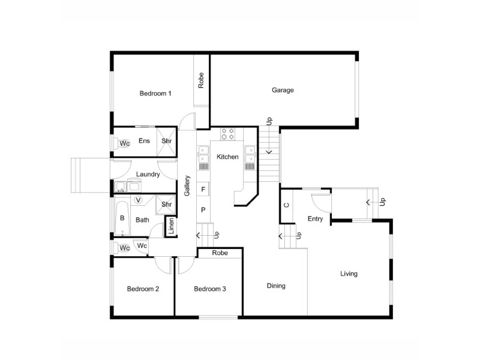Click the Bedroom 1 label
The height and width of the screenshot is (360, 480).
[x=155, y=93]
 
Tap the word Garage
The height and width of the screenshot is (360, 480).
[x=283, y=90]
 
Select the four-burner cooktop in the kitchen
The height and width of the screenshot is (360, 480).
[x=227, y=134]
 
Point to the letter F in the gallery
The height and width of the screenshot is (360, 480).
[x=203, y=190]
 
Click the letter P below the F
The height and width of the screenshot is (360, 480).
[x=203, y=210]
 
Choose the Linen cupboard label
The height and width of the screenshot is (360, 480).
[x=171, y=227]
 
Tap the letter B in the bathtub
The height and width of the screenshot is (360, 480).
[x=122, y=218]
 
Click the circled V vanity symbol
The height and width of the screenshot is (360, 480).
[x=139, y=200]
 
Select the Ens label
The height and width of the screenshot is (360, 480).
[x=144, y=141]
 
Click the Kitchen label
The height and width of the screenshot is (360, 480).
[x=227, y=157]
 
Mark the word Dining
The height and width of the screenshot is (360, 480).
[x=276, y=286]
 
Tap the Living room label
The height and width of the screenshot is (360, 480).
[x=349, y=274]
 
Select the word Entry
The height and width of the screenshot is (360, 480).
[x=315, y=219]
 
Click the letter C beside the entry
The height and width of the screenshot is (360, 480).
[x=286, y=205]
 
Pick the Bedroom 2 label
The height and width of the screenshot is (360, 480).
[x=143, y=289]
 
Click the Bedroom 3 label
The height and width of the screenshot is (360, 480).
[x=209, y=289]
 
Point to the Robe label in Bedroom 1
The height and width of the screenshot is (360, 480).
[x=201, y=80]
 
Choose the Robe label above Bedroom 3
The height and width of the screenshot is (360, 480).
[x=220, y=253]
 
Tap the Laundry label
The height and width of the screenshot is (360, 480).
[x=148, y=175]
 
